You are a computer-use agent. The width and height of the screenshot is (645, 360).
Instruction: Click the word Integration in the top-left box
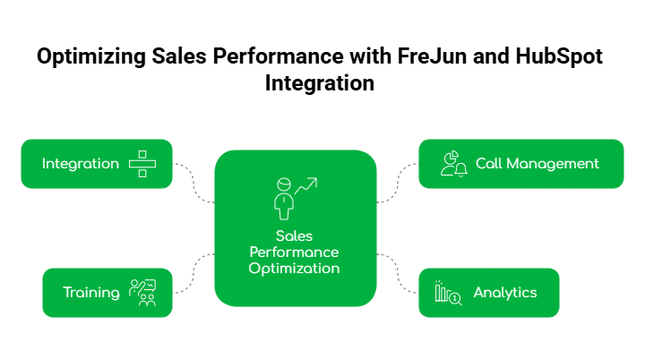[x=80, y=164]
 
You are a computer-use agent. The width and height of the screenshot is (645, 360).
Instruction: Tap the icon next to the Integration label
[x=142, y=164]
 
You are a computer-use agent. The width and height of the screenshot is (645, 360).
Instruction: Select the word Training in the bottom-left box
[x=90, y=293]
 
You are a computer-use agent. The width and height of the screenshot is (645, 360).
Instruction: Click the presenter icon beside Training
[x=142, y=293]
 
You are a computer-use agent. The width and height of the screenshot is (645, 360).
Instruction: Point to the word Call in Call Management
[x=490, y=164]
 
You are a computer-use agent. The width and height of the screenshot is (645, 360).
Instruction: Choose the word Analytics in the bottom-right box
[x=505, y=293]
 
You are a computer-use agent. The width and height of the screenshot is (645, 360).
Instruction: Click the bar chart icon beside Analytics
[x=442, y=292]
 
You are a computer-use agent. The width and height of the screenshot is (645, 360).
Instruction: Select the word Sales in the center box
[x=295, y=236]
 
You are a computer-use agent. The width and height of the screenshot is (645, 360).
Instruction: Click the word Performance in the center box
[x=295, y=253]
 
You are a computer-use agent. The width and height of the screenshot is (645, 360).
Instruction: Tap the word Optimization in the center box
[x=295, y=268]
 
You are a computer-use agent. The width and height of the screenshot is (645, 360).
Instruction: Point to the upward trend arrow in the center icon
[x=308, y=185]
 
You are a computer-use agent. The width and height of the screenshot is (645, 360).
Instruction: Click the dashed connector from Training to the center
[x=194, y=272]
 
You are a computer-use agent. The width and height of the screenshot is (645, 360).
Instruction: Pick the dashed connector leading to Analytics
[x=397, y=272]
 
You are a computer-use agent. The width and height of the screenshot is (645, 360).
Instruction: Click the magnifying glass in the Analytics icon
[x=455, y=298]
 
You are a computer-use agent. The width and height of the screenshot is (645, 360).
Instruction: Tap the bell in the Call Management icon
[x=461, y=170]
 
